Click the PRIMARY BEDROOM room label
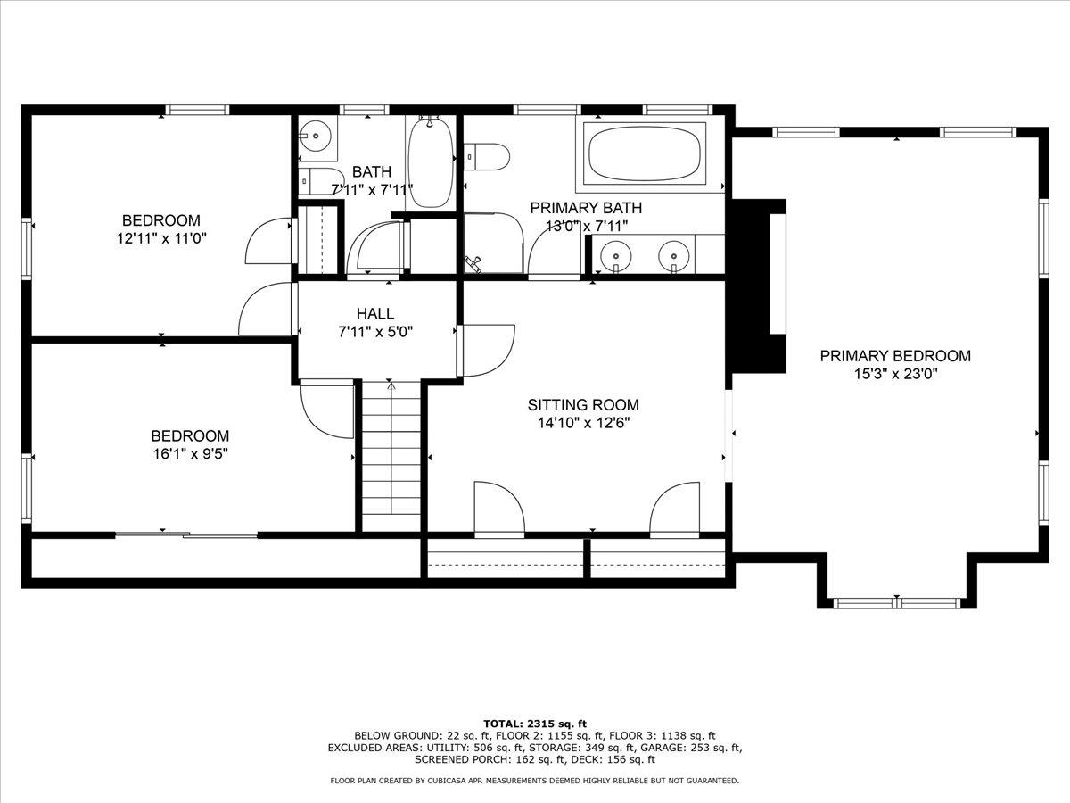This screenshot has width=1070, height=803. coord(895,356)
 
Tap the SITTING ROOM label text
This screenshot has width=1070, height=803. coord(583,405)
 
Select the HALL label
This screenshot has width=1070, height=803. coord(374,313)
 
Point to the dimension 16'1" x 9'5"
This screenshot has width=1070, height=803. coord(191,454)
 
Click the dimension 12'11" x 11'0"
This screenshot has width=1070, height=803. coord(161,239)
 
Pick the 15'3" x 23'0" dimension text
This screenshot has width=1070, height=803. coord(895,374)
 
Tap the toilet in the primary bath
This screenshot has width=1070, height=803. coord(486,156)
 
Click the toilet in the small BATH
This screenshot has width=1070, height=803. coord(321,181)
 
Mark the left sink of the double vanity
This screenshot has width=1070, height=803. coord(616,255)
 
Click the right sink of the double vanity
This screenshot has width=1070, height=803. coord(674,255)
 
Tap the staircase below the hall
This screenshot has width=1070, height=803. coord(391,456)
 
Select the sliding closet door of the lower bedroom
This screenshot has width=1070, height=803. coord(186,534)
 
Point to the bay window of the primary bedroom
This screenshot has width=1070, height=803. coord(896,603)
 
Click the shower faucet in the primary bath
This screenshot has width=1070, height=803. coord(473,264)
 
